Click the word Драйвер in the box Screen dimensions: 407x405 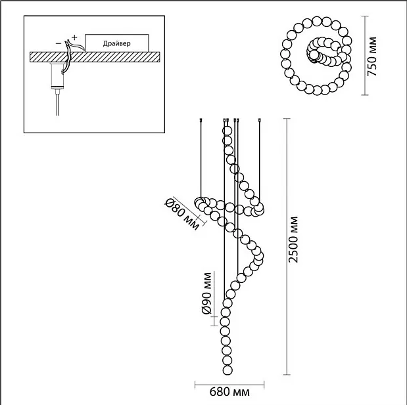coord(117,43)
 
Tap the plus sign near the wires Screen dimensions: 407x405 coord(74,37)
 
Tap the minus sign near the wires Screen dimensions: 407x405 coord(59,43)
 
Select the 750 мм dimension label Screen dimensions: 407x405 coord(372,56)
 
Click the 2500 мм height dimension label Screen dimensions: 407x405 coord(293,239)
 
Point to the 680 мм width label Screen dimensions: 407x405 coord(229,392)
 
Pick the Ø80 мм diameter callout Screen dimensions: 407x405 coord(183,214)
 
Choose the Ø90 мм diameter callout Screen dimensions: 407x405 coord(207,293)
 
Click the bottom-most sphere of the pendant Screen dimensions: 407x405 coord(227,370)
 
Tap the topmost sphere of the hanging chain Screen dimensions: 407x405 coord(227,131)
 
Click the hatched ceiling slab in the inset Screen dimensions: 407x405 coord(95,57)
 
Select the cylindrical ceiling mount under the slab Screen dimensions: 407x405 coord(57,75)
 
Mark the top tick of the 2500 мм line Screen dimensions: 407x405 coord(287,119)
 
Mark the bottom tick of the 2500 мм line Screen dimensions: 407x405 coord(287,374)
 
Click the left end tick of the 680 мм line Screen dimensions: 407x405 coord(195,385)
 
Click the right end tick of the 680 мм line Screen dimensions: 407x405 coord(264,385)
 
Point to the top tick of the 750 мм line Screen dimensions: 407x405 coord(365,16)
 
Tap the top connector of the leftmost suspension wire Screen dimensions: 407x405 coord(201,120)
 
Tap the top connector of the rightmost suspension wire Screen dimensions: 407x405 coord(260,120)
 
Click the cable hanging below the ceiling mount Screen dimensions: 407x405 coord(57,104)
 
